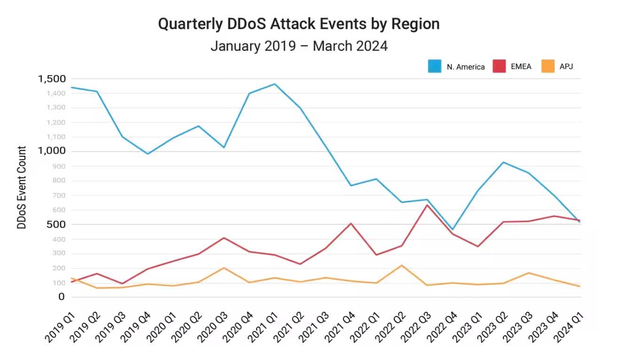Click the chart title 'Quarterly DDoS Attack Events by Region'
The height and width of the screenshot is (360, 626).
pyautogui.click(x=298, y=24)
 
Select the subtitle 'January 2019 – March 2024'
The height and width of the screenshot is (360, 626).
pyautogui.click(x=298, y=46)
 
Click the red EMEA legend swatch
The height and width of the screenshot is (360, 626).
pyautogui.click(x=499, y=66)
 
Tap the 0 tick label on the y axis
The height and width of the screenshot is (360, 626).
pyautogui.click(x=61, y=297)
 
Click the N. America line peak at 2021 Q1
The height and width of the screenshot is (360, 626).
pyautogui.click(x=274, y=84)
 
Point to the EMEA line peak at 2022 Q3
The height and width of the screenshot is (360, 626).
pyautogui.click(x=427, y=205)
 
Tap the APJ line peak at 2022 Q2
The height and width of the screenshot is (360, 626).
pyautogui.click(x=402, y=265)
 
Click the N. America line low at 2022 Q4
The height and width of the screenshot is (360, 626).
pyautogui.click(x=453, y=229)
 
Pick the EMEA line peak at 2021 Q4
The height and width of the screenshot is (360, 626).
pyautogui.click(x=351, y=223)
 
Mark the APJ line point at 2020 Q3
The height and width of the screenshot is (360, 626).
pyautogui.click(x=224, y=268)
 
